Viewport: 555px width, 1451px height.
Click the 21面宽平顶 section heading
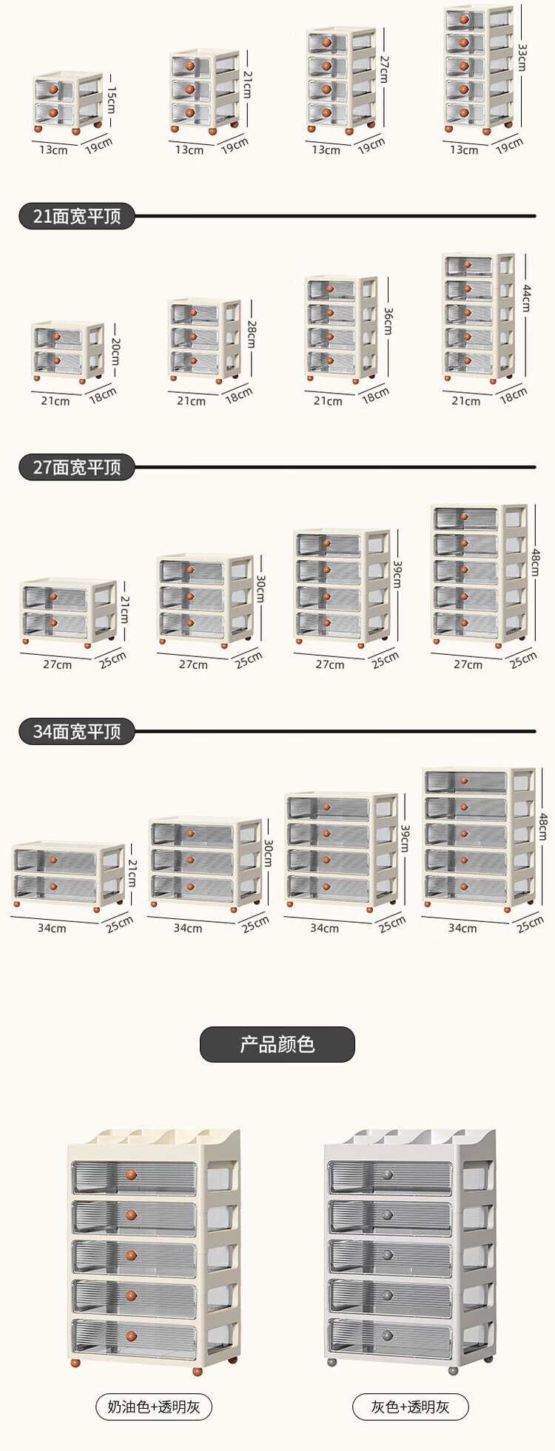pos(76,216)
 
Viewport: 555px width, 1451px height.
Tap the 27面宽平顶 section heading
pos(76,467)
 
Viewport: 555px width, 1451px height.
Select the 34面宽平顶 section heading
pos(76,731)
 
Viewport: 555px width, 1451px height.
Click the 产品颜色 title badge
pos(277,1044)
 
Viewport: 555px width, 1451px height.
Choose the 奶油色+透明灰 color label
pos(154,1407)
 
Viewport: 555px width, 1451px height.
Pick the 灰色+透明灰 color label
pos(410,1407)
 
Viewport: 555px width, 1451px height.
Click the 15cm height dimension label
pos(111,99)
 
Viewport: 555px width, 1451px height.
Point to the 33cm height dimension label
pos(522,57)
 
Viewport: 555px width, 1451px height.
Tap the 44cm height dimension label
pos(526,298)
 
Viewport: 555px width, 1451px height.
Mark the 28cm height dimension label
pos(252,334)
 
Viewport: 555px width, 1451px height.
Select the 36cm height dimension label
pos(388,321)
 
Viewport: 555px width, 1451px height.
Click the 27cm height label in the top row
pos(384,69)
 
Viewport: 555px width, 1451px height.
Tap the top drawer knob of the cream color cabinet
pos(132,1174)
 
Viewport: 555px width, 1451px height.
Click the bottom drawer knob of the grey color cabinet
pos(388,1336)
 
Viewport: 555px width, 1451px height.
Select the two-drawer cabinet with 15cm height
pos(68,102)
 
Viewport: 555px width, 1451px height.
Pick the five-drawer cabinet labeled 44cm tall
pos(478,317)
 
